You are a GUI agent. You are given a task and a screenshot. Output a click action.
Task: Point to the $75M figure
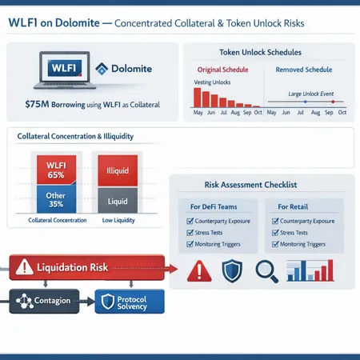[41, 104]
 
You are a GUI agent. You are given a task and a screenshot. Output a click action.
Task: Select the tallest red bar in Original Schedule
[197, 97]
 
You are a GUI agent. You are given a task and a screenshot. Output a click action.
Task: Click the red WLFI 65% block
[55, 170]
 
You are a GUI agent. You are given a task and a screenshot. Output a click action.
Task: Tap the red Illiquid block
[118, 170]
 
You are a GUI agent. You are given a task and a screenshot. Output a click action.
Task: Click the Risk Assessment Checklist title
[262, 185]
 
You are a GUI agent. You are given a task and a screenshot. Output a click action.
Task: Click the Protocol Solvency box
[130, 302]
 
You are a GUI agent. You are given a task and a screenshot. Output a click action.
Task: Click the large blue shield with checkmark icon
[232, 273]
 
